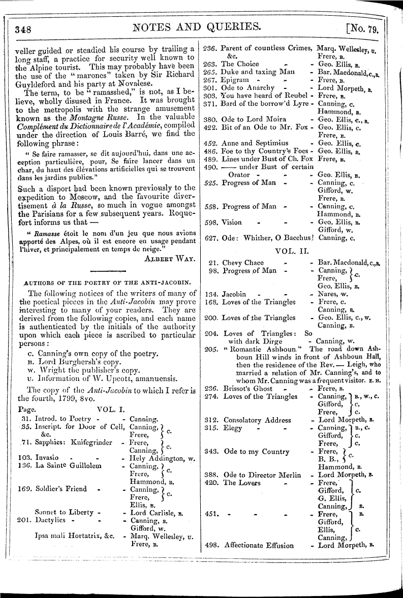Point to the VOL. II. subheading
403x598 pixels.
click(289, 250)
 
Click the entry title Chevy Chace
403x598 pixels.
click(243, 263)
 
